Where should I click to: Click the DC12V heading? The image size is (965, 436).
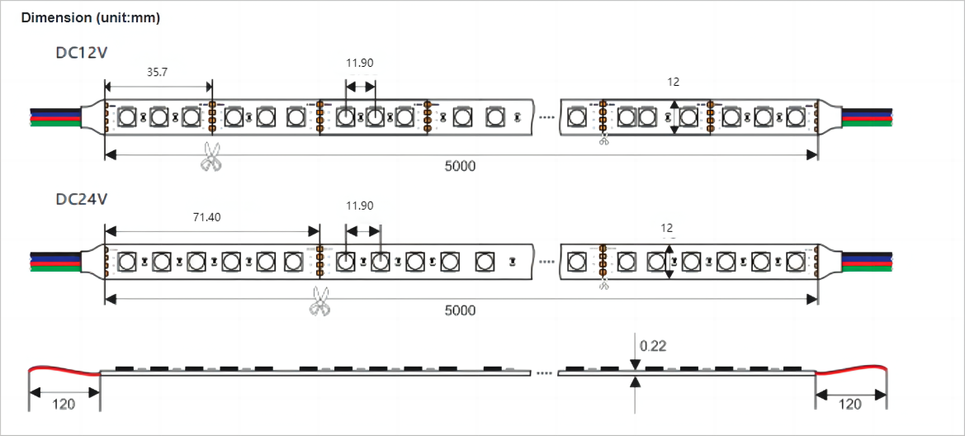[82, 52]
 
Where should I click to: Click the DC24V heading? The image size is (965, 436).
[82, 200]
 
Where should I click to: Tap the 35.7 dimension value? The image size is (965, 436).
[157, 72]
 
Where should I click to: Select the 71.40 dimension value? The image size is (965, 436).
[206, 217]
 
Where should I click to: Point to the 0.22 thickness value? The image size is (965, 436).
[653, 346]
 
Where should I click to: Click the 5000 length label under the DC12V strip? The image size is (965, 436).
[461, 166]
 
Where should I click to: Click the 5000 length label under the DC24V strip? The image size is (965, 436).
[461, 310]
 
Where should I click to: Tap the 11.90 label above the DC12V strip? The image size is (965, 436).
[359, 63]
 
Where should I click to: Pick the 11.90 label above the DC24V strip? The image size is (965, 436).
[359, 206]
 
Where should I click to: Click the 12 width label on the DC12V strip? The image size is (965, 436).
[674, 82]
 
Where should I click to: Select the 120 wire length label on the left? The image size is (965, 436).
[64, 405]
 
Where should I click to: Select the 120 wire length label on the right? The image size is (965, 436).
[850, 405]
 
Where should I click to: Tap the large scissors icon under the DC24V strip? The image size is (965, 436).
[319, 301]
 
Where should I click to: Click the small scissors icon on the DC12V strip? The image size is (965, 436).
[603, 140]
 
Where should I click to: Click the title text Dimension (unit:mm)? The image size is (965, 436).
[91, 18]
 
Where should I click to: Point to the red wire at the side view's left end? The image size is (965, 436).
[64, 369]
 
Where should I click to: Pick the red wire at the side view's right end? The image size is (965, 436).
[852, 369]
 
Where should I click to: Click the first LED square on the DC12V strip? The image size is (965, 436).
[127, 116]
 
